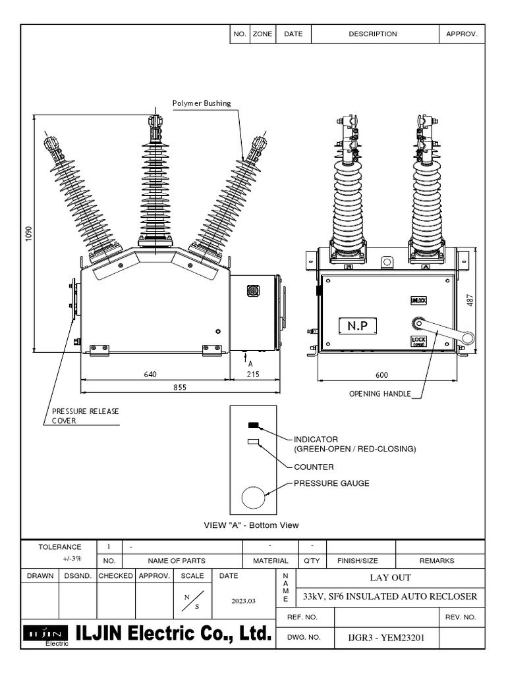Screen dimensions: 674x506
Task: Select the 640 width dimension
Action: pyautogui.click(x=151, y=374)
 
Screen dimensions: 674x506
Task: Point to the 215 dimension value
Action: pyautogui.click(x=253, y=374)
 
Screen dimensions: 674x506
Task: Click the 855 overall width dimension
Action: pyautogui.click(x=179, y=388)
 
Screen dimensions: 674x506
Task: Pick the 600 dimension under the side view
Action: pyautogui.click(x=381, y=374)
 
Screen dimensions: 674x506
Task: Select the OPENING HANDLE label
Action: pyautogui.click(x=379, y=394)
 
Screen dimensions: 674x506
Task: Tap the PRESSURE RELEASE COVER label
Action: pyautogui.click(x=86, y=416)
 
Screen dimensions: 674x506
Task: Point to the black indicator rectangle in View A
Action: pyautogui.click(x=253, y=425)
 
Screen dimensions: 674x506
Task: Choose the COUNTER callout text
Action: pyautogui.click(x=314, y=467)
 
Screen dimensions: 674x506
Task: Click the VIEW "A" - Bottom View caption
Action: pyautogui.click(x=252, y=525)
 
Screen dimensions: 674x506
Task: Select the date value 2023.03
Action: pyautogui.click(x=243, y=600)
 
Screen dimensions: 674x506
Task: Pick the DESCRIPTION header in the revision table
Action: pyautogui.click(x=373, y=34)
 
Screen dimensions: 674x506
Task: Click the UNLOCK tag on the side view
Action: pyautogui.click(x=419, y=300)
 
